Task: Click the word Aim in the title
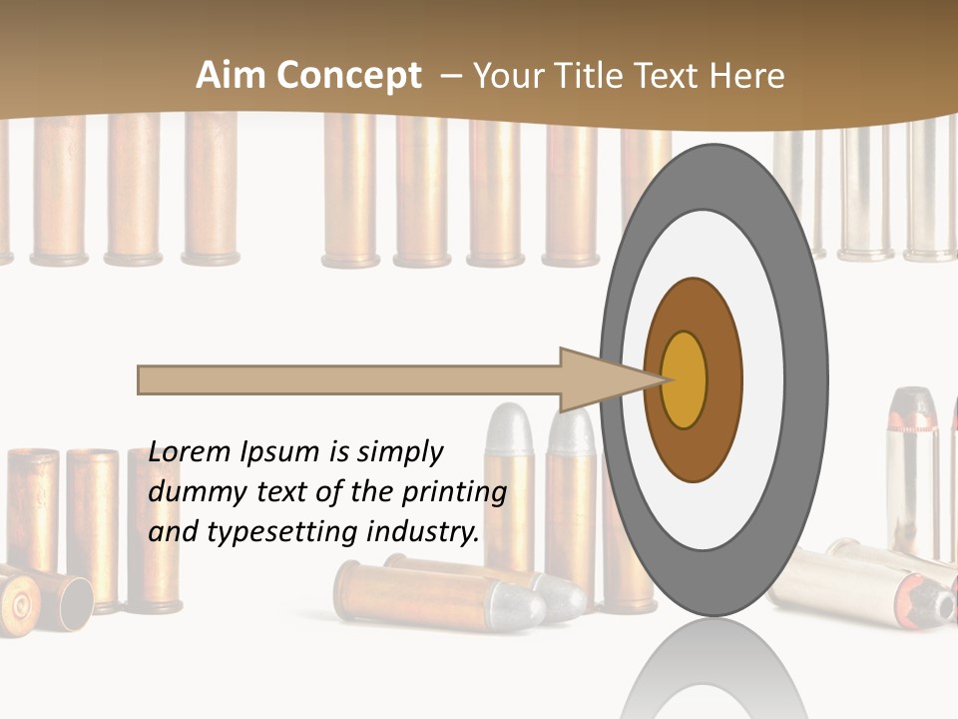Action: click(x=231, y=76)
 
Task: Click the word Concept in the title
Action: click(x=346, y=76)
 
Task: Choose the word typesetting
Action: click(x=277, y=533)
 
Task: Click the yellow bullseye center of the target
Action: click(x=685, y=379)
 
